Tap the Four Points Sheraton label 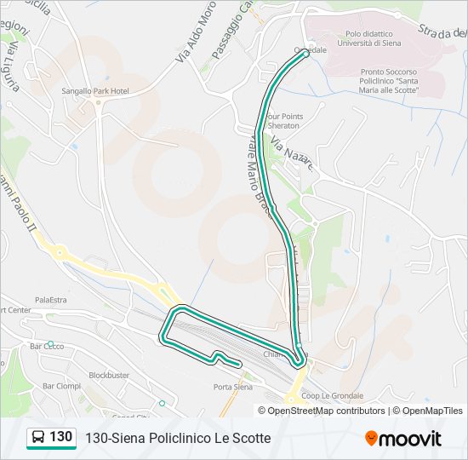coord(284,121)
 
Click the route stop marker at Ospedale coord(305,54)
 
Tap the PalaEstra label coord(50,300)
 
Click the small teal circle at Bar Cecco coord(50,343)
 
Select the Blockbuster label coord(109,375)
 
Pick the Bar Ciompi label coord(61,386)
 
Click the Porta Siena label coord(232,387)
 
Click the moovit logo coord(403,439)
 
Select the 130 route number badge coord(60,437)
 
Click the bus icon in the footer coord(38,438)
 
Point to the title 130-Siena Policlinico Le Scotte coord(178,438)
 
